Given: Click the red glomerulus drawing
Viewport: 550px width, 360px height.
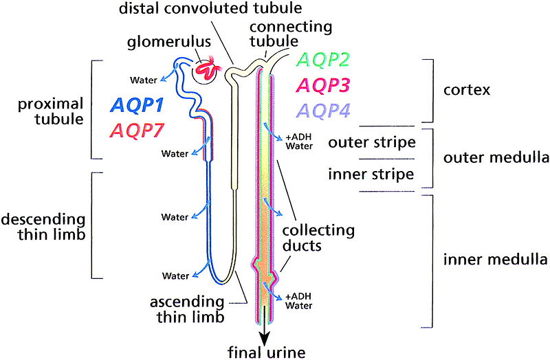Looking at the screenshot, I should (206, 69).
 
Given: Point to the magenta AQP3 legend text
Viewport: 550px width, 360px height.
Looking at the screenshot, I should (321, 85).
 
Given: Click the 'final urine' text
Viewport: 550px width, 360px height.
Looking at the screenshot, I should (266, 352).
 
